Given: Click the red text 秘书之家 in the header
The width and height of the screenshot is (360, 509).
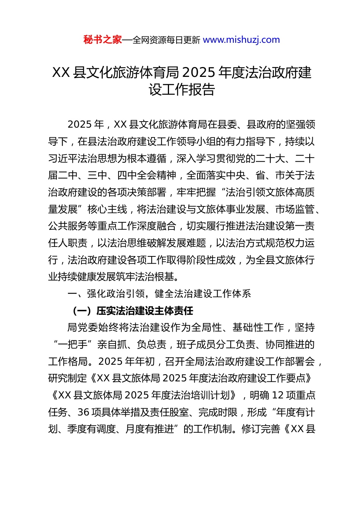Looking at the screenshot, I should point(102,40).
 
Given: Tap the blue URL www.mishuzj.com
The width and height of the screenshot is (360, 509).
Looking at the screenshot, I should point(241,40).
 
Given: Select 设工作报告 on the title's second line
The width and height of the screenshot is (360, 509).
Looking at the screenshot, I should point(182,90).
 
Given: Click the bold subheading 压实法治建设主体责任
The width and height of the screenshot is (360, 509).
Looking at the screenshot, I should point(145,311).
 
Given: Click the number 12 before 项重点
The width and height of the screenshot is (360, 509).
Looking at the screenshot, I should point(278,395).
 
